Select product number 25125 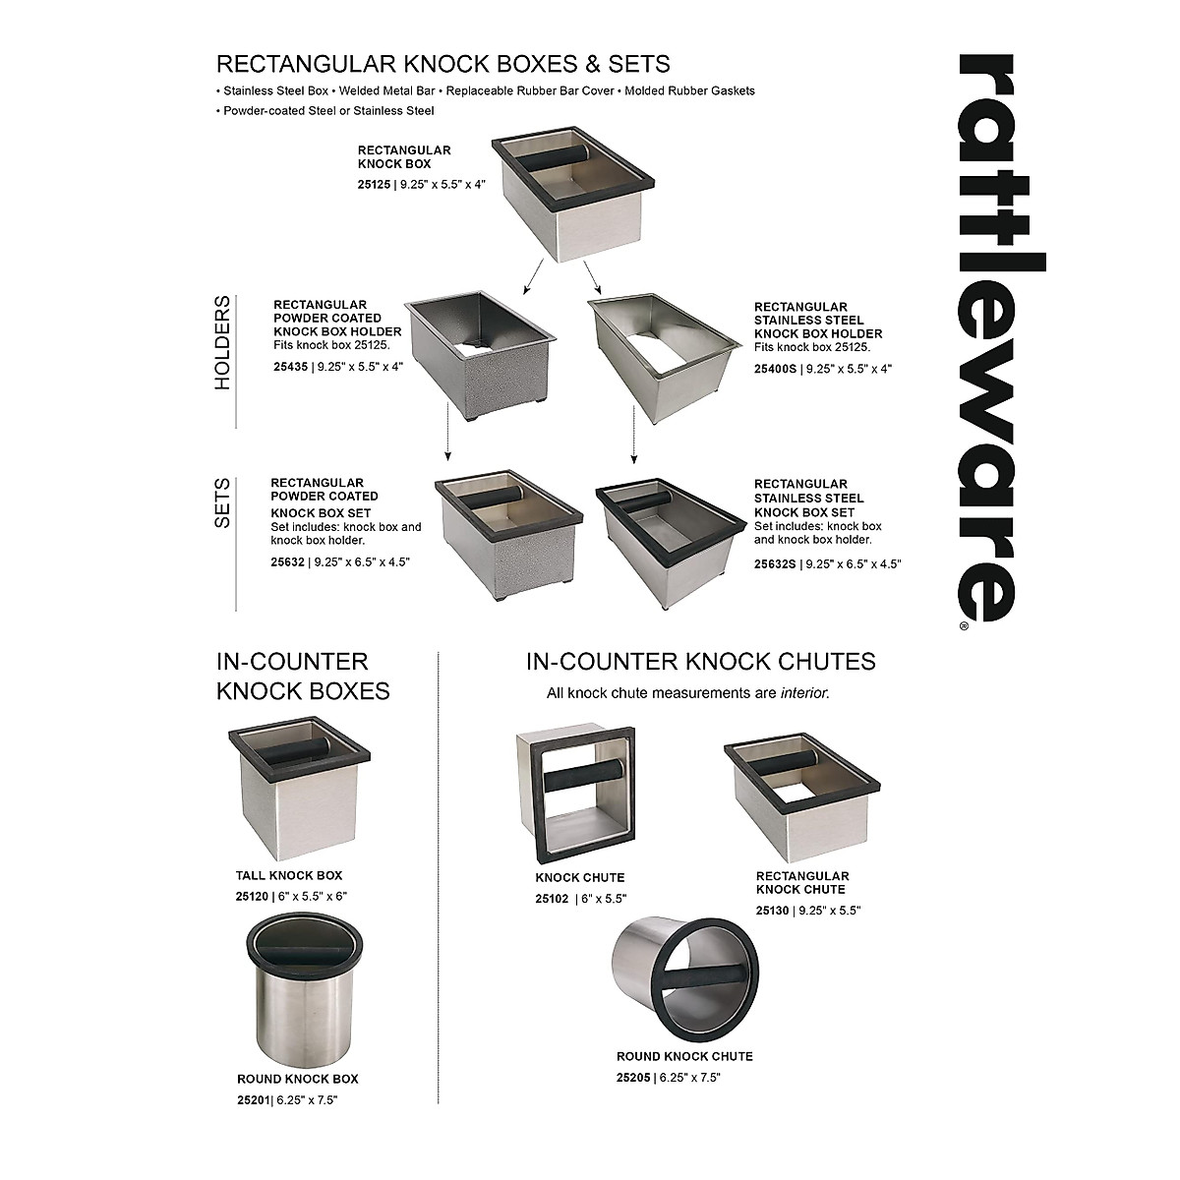click(375, 184)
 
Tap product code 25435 click(290, 367)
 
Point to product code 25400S click(775, 369)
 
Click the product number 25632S click(775, 563)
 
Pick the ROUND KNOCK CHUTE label click(684, 1056)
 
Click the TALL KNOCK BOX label click(289, 875)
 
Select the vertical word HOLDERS click(223, 343)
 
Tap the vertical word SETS click(223, 502)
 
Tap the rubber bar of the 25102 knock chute click(583, 776)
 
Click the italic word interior click(803, 693)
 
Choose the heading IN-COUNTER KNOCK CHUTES click(701, 662)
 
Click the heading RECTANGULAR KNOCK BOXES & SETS click(442, 64)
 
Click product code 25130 click(772, 911)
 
